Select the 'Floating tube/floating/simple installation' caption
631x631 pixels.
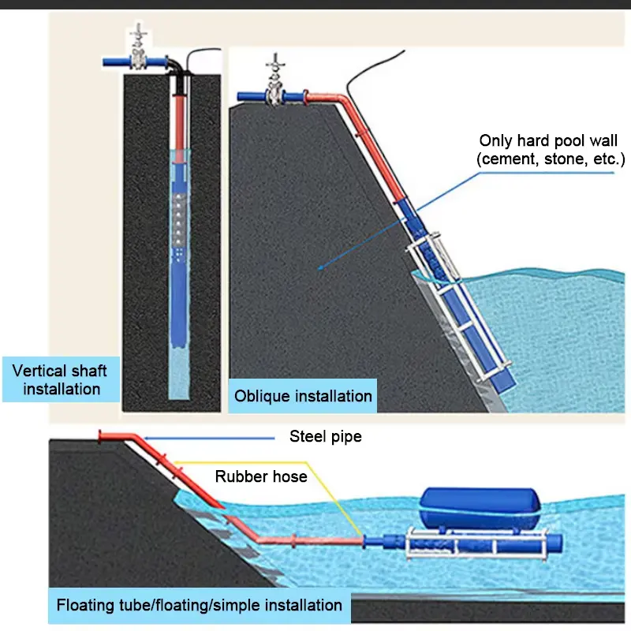tap(199, 605)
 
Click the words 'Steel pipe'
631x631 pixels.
tap(325, 436)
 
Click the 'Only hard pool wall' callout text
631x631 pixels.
tap(550, 141)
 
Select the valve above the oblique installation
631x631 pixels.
tap(274, 89)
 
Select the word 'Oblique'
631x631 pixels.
tap(263, 395)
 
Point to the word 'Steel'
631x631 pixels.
tap(307, 436)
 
